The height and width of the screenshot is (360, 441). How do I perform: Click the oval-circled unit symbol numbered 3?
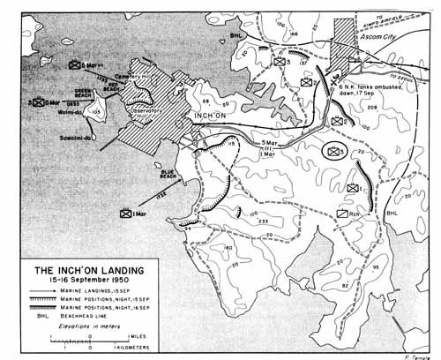pyautogui.click(x=336, y=151)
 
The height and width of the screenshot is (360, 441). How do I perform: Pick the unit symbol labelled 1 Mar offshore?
pyautogui.click(x=131, y=213)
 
